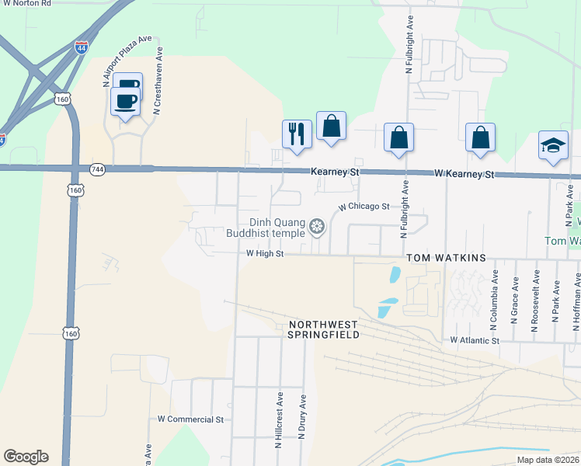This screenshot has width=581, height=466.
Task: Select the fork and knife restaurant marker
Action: point(297,134)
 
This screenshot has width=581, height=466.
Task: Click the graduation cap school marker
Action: point(553,145)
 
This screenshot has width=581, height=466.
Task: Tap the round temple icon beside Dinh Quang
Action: point(316,227)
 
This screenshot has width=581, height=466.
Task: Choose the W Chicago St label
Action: point(364,207)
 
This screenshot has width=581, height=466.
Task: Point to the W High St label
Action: point(266,253)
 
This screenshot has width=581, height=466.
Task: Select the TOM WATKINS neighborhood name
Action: point(446,258)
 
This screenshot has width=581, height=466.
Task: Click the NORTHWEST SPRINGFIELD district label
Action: point(325,329)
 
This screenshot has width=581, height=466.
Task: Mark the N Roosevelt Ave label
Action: point(535,301)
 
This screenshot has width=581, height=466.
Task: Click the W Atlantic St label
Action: point(475,340)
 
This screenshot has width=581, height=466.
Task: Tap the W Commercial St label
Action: point(190,419)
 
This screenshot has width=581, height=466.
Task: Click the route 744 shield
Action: point(97,169)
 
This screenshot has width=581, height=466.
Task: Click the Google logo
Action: point(26,457)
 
